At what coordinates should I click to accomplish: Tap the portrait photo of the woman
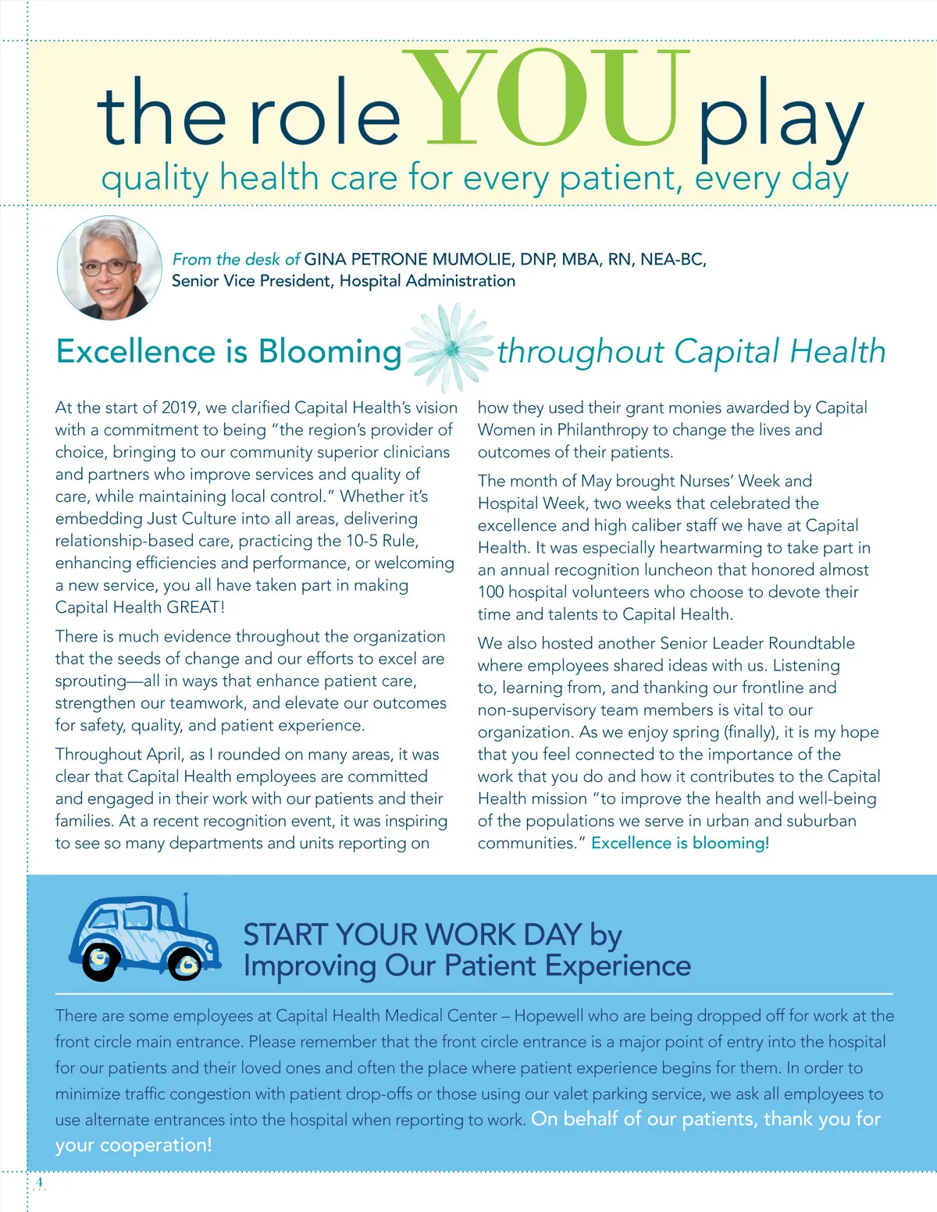(109, 268)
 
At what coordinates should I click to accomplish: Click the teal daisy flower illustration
(451, 349)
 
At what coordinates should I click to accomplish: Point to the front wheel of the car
(186, 966)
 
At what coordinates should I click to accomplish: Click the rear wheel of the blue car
(100, 961)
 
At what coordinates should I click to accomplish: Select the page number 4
(39, 1182)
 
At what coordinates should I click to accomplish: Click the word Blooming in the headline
(330, 352)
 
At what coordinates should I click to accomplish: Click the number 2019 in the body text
(180, 407)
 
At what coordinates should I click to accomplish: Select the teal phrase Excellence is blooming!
(680, 843)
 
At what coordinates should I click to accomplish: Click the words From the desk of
(236, 259)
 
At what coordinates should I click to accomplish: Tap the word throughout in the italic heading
(581, 352)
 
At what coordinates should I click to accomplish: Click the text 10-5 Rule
(382, 541)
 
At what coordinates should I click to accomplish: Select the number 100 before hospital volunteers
(491, 592)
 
